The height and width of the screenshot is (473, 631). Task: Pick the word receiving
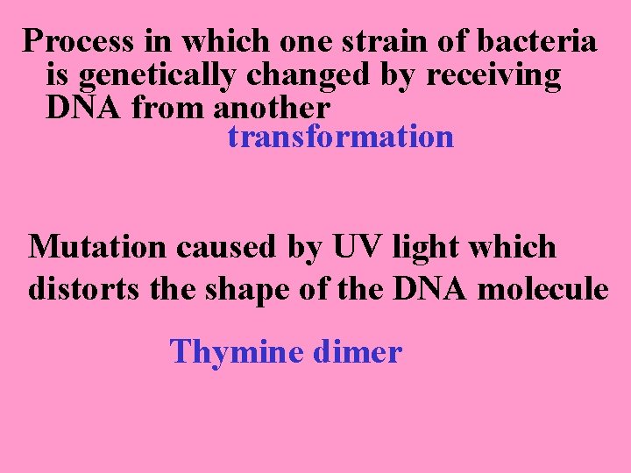point(493,76)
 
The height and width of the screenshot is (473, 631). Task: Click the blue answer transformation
point(340,138)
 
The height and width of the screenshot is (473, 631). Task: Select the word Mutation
point(97,247)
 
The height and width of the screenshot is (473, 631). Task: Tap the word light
point(421,249)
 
